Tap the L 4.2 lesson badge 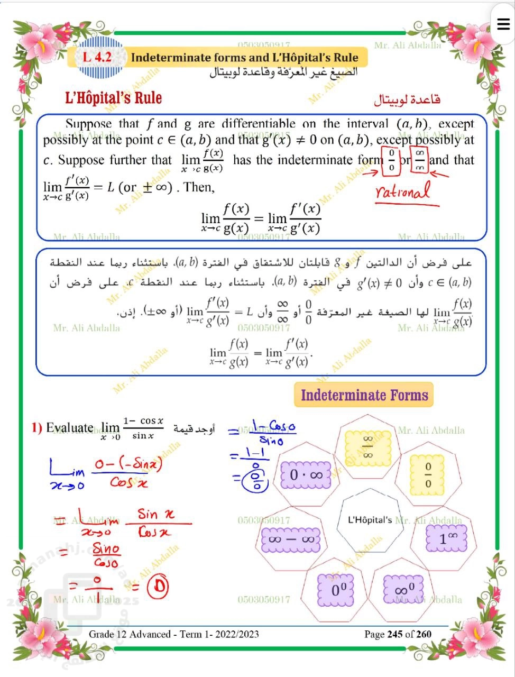tap(97, 57)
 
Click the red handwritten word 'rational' tap(403, 191)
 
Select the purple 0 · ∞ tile tap(306, 474)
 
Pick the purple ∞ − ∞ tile tap(291, 539)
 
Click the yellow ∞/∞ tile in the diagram tap(368, 446)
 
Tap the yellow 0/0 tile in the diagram tap(428, 474)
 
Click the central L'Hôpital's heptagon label tap(370, 519)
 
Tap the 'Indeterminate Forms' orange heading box tap(364, 395)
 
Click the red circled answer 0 tap(157, 586)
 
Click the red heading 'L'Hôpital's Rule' tap(113, 98)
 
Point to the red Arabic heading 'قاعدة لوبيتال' tap(407, 99)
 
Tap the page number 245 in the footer tap(395, 634)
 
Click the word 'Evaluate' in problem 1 tap(70, 427)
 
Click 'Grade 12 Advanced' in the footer tap(130, 634)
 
